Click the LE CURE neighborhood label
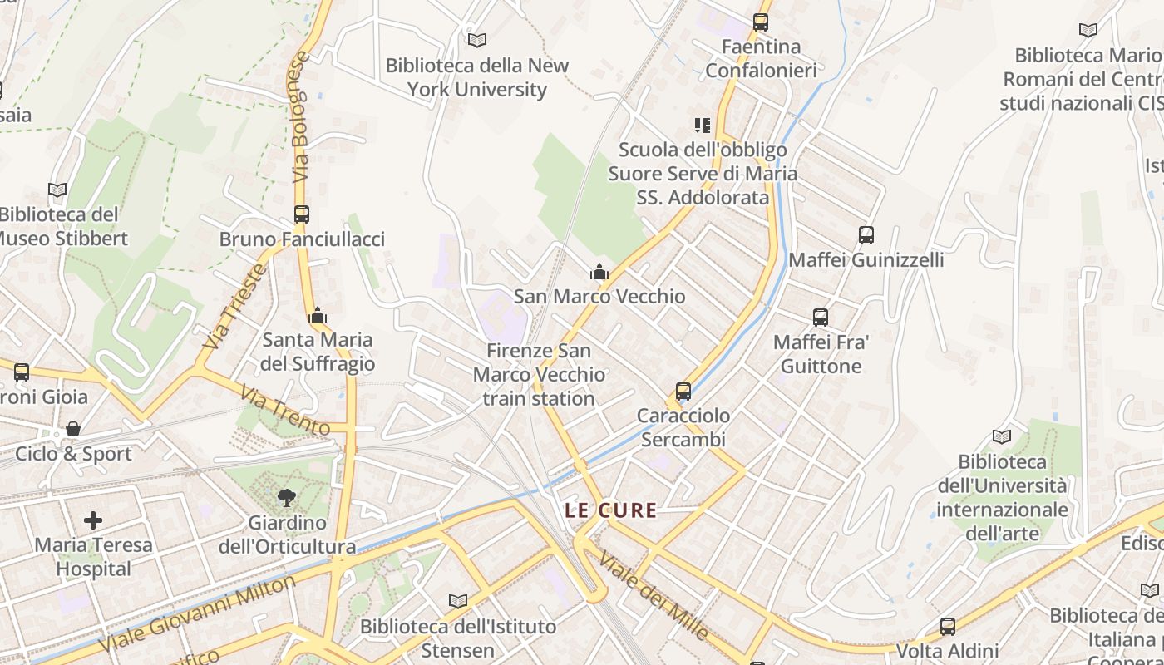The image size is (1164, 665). [611, 510]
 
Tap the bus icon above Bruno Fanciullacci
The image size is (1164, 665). [302, 214]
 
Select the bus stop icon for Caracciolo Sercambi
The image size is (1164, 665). [683, 391]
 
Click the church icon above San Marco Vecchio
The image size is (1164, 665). [599, 272]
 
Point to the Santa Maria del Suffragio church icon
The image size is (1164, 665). [318, 315]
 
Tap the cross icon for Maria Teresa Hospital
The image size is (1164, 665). [93, 520]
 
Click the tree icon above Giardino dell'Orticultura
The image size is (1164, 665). [287, 498]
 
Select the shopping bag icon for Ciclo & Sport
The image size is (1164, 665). [73, 429]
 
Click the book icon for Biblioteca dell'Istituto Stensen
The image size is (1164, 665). [458, 601]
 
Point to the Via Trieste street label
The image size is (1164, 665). [235, 306]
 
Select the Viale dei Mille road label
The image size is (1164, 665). [654, 596]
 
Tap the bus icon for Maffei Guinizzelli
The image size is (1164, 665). [866, 235]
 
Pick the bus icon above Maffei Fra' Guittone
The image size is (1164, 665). [821, 318]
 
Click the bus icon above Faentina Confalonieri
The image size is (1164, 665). [761, 22]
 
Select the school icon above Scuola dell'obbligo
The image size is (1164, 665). [703, 126]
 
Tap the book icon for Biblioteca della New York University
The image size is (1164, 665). [477, 40]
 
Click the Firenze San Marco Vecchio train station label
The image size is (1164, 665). [539, 375]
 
